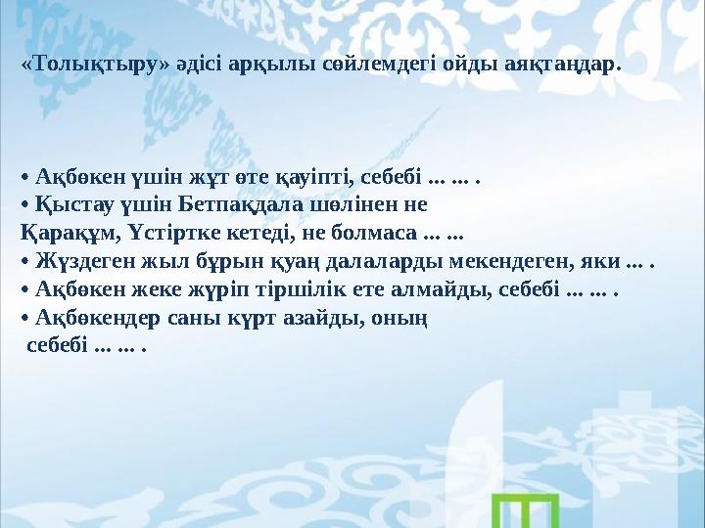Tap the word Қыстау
click(71, 206)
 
